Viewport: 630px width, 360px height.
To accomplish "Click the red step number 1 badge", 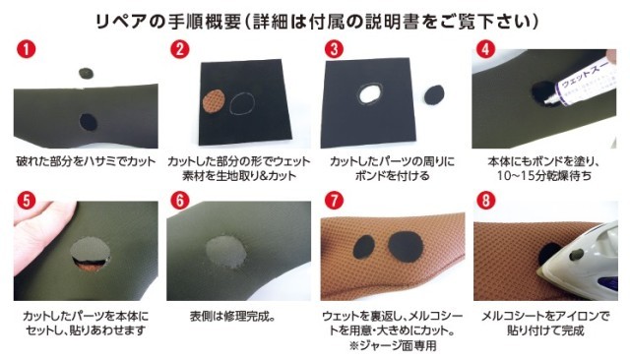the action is click(x=26, y=49).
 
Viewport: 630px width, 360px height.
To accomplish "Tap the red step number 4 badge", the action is click(x=485, y=49).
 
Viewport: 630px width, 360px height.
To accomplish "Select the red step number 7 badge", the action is click(x=334, y=201).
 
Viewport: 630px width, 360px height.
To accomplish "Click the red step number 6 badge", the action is click(x=179, y=201).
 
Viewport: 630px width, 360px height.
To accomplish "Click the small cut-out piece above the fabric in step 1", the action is click(x=86, y=73).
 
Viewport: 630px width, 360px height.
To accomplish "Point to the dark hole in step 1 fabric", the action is click(x=88, y=122).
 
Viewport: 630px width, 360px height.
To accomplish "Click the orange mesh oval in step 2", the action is click(x=214, y=101).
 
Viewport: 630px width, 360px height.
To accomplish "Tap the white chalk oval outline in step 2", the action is click(x=242, y=102).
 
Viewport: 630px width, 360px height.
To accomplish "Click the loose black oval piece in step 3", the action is click(x=434, y=94).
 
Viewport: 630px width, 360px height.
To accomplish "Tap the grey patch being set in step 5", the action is click(x=90, y=249).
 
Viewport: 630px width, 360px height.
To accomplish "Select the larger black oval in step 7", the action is click(x=405, y=247).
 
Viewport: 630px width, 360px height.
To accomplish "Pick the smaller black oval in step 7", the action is click(x=364, y=247).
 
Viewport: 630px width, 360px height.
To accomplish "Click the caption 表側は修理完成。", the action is click(x=233, y=317).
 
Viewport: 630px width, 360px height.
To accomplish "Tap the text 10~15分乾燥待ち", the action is click(x=544, y=176).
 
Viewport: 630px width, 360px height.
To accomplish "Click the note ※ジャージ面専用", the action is click(x=393, y=345).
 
